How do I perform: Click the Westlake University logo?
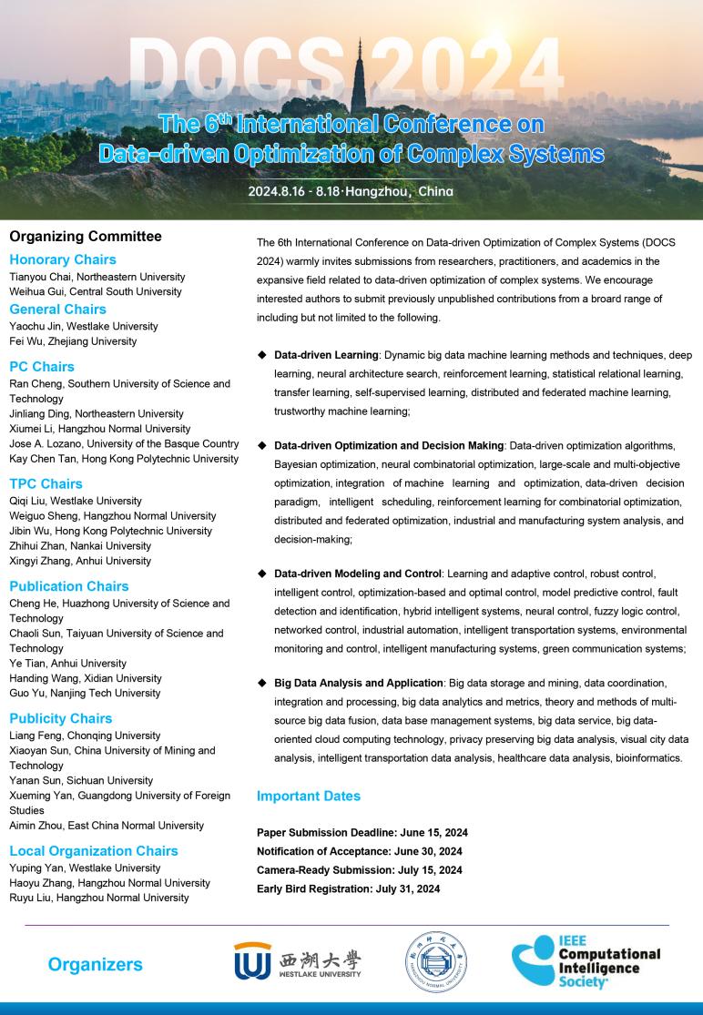coord(297,962)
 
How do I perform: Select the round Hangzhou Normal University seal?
coord(436,963)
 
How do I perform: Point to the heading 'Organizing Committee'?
coord(86,237)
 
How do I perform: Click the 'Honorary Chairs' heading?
coord(63,259)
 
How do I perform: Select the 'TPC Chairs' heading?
coord(46,483)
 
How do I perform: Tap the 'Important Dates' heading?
coord(309,796)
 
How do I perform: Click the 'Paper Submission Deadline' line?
coord(362,832)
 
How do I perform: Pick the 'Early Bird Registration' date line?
coord(349,888)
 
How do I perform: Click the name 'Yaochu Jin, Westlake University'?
coord(84,326)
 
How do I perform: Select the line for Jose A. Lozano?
coord(124,443)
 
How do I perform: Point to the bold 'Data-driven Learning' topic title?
coord(326,354)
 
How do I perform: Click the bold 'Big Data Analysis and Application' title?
coord(359,682)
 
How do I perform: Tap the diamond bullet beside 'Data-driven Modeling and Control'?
coord(262,573)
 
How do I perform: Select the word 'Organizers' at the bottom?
coord(95,964)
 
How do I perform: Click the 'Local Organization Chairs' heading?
coord(94,850)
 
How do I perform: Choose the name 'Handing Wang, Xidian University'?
coord(86,678)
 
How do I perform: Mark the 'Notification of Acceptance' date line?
coord(360,851)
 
